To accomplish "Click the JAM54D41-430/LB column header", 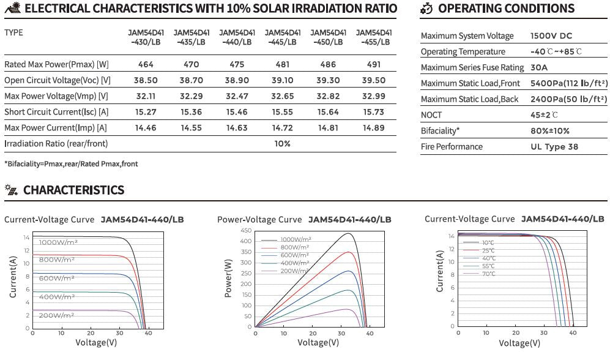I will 145,37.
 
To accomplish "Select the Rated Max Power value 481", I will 282,64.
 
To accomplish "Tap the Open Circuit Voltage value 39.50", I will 374,80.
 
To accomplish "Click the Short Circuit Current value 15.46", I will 236,112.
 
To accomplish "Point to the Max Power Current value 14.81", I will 328,128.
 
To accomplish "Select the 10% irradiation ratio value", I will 282,144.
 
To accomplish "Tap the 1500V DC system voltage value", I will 551,36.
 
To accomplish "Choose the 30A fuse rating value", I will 539,67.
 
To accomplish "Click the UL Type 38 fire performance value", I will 554,147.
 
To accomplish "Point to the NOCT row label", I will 431,115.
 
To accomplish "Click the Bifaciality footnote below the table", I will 71,164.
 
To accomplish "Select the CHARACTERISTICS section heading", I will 73,190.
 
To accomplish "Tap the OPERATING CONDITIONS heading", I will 506,9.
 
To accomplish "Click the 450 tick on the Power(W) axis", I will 246,230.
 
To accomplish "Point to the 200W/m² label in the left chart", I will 56,315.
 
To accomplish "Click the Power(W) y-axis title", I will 228,279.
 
